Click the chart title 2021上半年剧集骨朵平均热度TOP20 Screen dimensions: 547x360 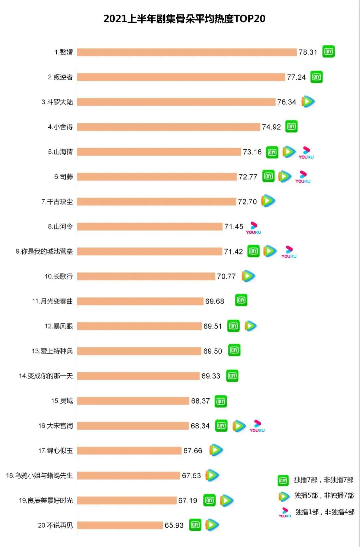(184, 19)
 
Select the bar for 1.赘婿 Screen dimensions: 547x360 (187, 52)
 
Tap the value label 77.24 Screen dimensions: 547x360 (296, 77)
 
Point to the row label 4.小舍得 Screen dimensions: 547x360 (60, 127)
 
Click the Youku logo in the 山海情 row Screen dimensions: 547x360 (306, 153)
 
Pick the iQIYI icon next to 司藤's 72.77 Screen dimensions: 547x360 (268, 176)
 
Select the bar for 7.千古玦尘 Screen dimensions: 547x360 (157, 201)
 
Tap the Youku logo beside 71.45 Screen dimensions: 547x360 (254, 228)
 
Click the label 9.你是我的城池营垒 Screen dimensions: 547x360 (44, 251)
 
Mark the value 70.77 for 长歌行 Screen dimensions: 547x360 (226, 277)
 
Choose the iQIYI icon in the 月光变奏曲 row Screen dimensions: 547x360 (241, 300)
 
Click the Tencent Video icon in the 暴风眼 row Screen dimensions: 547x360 (250, 326)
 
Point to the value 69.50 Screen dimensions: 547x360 (212, 351)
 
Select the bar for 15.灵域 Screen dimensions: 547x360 (133, 401)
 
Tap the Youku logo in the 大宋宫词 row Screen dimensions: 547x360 (257, 426)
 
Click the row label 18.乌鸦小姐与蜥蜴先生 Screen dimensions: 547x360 (39, 476)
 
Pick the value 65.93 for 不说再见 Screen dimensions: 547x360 (174, 525)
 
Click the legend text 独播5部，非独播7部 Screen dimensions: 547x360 (324, 496)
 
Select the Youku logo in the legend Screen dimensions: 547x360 (285, 512)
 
